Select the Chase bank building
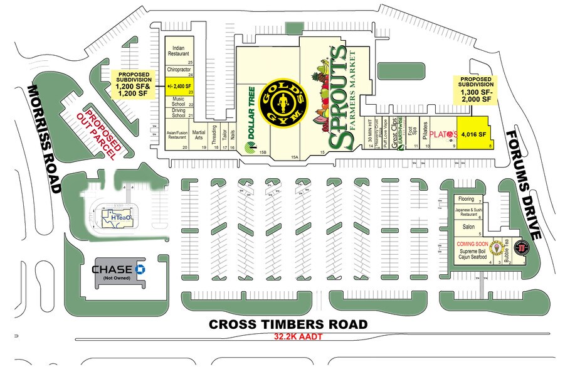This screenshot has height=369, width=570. pyautogui.click(x=119, y=272)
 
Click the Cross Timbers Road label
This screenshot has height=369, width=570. pyautogui.click(x=288, y=324)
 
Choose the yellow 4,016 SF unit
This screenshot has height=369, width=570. pyautogui.click(x=473, y=134)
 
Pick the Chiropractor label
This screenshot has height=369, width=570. pyautogui.click(x=178, y=70)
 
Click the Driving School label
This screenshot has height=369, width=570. pyautogui.click(x=178, y=114)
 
